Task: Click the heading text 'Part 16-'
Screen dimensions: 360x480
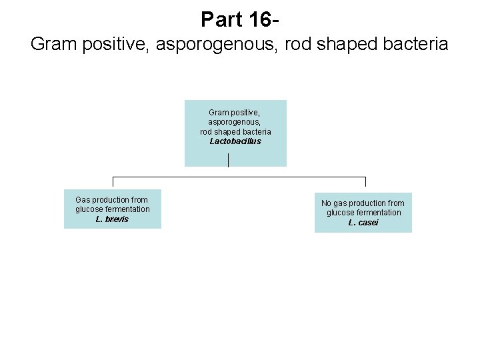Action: point(239,19)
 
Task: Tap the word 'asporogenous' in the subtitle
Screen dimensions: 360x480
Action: point(227,45)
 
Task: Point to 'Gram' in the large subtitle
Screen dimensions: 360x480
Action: point(53,45)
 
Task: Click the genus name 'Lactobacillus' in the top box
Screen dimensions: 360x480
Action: point(235,141)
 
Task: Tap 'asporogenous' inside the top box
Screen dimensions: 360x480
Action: point(235,123)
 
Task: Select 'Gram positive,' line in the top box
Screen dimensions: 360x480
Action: point(235,113)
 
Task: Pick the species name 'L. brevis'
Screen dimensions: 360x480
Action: point(112,219)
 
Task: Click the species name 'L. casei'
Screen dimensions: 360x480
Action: point(363,223)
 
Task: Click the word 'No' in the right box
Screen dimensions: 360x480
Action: point(327,203)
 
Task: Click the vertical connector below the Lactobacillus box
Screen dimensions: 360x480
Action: point(229,160)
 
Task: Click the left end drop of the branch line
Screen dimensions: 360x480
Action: point(113,181)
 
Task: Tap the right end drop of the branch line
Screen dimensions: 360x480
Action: point(365,181)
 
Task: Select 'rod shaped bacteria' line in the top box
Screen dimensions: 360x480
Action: point(235,132)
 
